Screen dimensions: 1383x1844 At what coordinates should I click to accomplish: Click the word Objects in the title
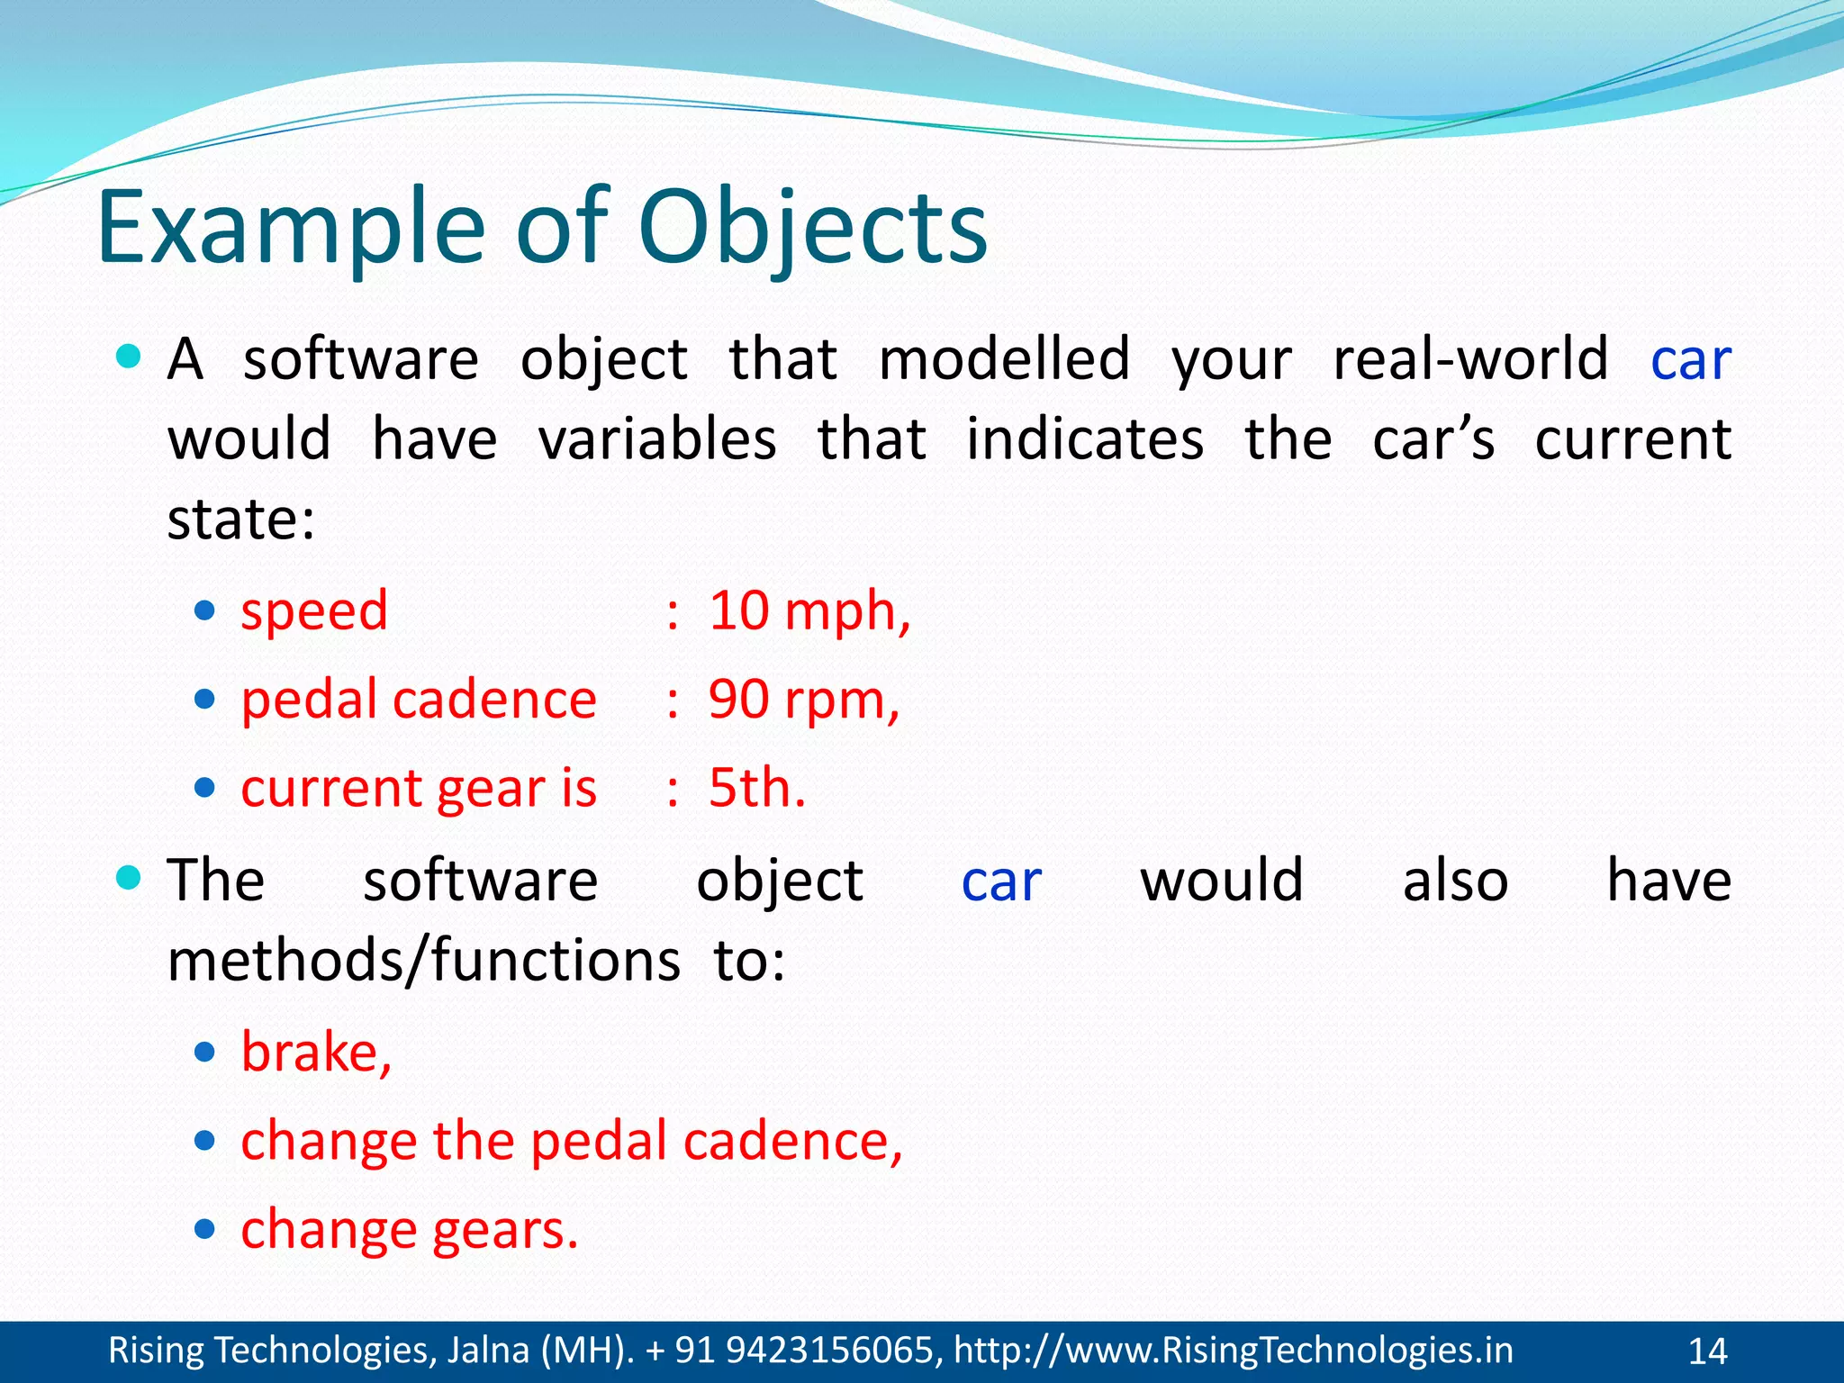point(812,230)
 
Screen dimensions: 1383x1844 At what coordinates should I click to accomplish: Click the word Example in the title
point(290,230)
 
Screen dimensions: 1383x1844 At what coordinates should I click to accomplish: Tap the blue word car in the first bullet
point(1690,360)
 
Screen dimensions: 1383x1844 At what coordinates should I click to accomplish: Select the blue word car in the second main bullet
point(1000,881)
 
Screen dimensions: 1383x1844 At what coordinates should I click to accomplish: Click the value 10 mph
point(808,611)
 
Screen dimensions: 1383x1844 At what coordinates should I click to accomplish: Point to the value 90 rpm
point(802,700)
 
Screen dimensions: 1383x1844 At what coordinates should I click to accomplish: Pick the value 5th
point(755,788)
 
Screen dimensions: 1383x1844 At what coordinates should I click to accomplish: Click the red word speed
point(314,612)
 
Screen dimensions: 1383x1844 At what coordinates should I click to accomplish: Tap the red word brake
point(315,1052)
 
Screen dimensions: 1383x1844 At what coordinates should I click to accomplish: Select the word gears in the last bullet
point(504,1230)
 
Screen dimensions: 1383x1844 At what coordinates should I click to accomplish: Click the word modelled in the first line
point(1003,359)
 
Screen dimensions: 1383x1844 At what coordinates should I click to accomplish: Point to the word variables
point(657,440)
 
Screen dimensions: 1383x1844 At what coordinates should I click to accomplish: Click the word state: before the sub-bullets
point(241,520)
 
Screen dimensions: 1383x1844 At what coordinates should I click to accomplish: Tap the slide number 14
point(1707,1351)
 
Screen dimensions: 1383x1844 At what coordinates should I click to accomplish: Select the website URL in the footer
point(1234,1351)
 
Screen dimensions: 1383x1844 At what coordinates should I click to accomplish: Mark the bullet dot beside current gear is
point(205,789)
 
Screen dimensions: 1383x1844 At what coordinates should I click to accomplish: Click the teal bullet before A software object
point(130,357)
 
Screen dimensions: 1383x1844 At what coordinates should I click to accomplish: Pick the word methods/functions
point(423,961)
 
